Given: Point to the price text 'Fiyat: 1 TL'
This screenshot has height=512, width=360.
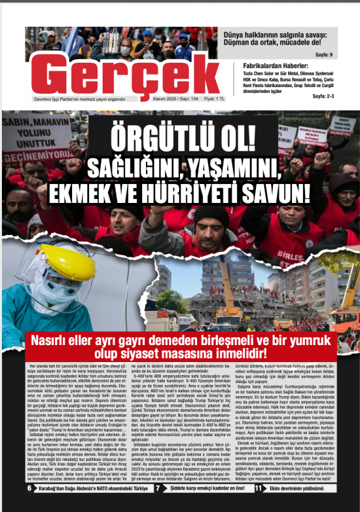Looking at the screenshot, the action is [210, 99].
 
